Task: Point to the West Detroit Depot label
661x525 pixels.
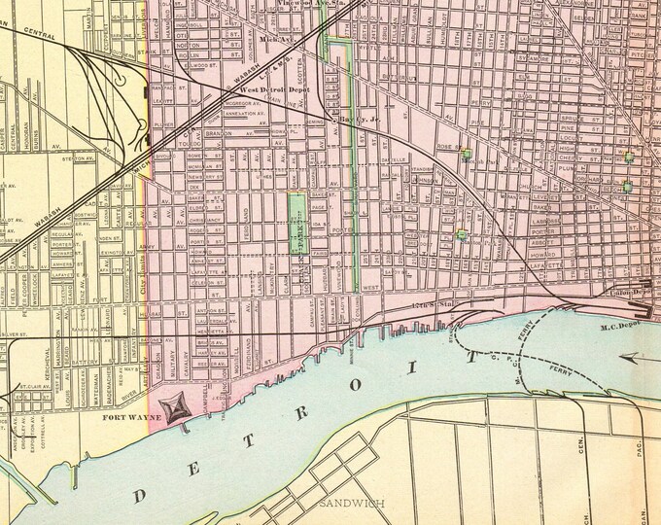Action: tap(262, 87)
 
